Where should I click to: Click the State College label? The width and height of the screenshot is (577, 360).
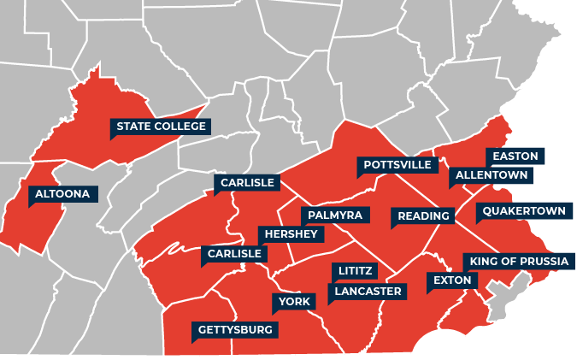pos(161,127)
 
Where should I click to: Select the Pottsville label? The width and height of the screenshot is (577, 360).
pos(397,164)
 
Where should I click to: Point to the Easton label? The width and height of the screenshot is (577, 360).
pos(515,156)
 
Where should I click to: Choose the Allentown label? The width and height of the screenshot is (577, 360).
pos(492,175)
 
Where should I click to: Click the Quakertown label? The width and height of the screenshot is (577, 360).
pos(523,210)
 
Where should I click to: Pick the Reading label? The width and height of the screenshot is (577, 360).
pos(423,216)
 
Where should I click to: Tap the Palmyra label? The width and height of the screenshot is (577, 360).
pos(335,214)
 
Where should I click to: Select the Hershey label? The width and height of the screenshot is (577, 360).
pos(291,234)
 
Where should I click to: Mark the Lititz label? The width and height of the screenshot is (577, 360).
pos(355,271)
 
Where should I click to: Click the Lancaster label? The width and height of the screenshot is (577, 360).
pos(368,292)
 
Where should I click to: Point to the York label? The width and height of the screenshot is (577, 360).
pos(294,302)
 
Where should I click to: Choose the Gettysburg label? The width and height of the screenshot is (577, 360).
pos(235,329)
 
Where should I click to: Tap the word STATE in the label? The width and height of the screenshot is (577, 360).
pos(133,127)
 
